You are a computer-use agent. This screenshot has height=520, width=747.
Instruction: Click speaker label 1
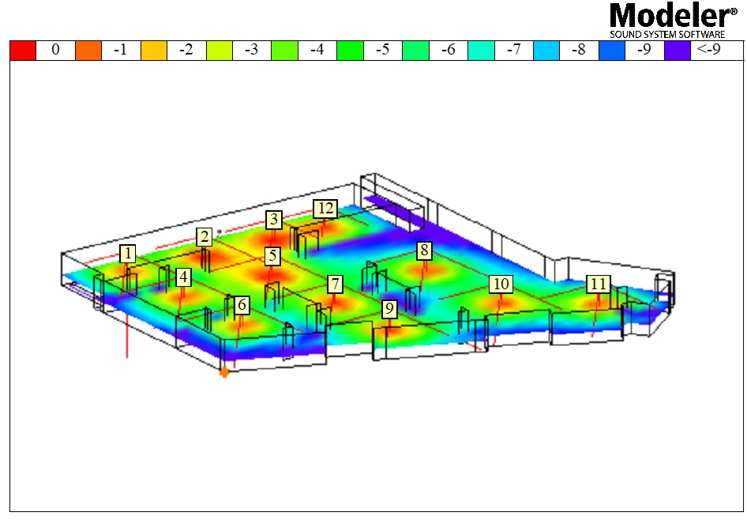[127, 254]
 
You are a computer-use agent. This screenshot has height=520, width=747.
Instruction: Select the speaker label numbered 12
[325, 209]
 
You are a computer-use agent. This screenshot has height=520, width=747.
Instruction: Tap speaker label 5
[272, 255]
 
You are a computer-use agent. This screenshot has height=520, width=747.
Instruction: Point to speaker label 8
[424, 251]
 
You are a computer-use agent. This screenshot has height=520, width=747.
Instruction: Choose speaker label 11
[598, 284]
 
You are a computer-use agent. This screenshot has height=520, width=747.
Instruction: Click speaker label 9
[390, 309]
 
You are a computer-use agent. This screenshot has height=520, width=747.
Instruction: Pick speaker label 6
[242, 304]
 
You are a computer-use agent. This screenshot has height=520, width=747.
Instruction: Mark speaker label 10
[501, 284]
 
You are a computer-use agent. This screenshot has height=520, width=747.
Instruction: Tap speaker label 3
[274, 220]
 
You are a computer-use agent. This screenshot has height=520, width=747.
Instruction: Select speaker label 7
[336, 284]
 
